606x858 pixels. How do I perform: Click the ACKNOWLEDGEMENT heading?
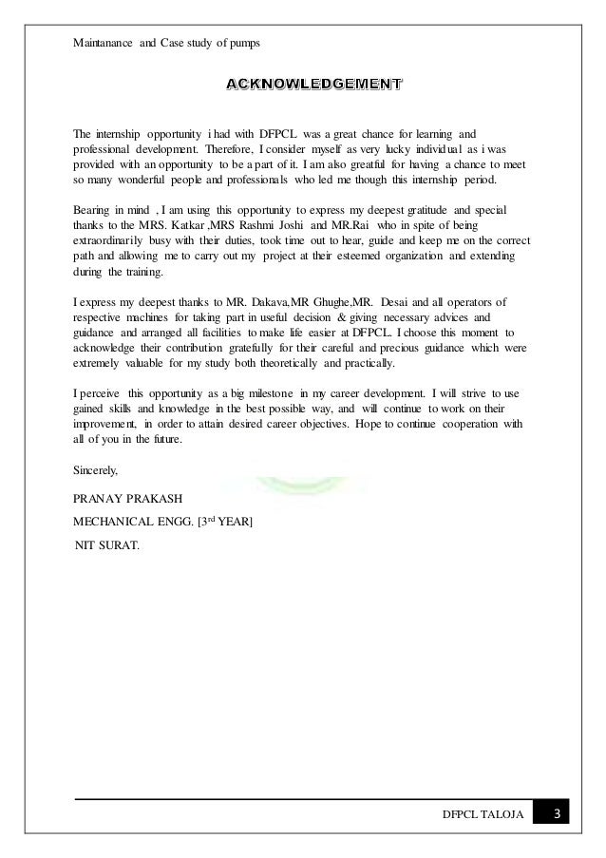[312, 87]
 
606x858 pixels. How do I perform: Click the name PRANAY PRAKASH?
[128, 498]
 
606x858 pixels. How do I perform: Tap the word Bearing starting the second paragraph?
[95, 207]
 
